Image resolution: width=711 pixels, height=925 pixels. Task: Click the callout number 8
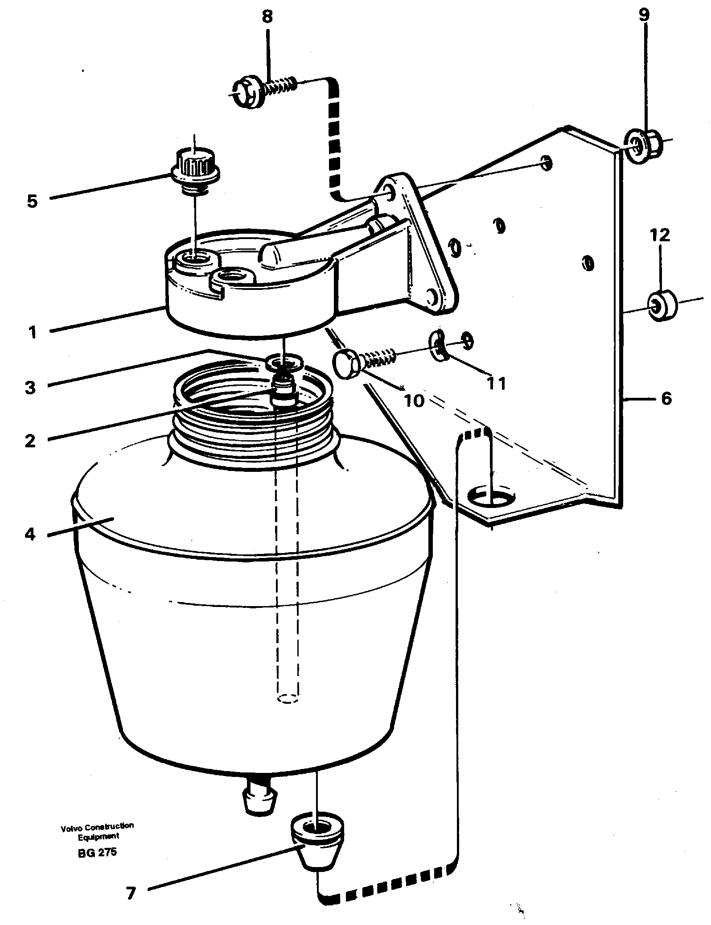click(x=267, y=18)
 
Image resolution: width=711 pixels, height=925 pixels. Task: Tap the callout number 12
click(x=660, y=235)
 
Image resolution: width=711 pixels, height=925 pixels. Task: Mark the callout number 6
click(x=666, y=398)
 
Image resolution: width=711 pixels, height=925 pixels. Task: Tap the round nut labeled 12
click(x=662, y=305)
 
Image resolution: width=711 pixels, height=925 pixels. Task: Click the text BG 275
click(x=97, y=852)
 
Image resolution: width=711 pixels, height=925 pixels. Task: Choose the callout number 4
click(x=30, y=533)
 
